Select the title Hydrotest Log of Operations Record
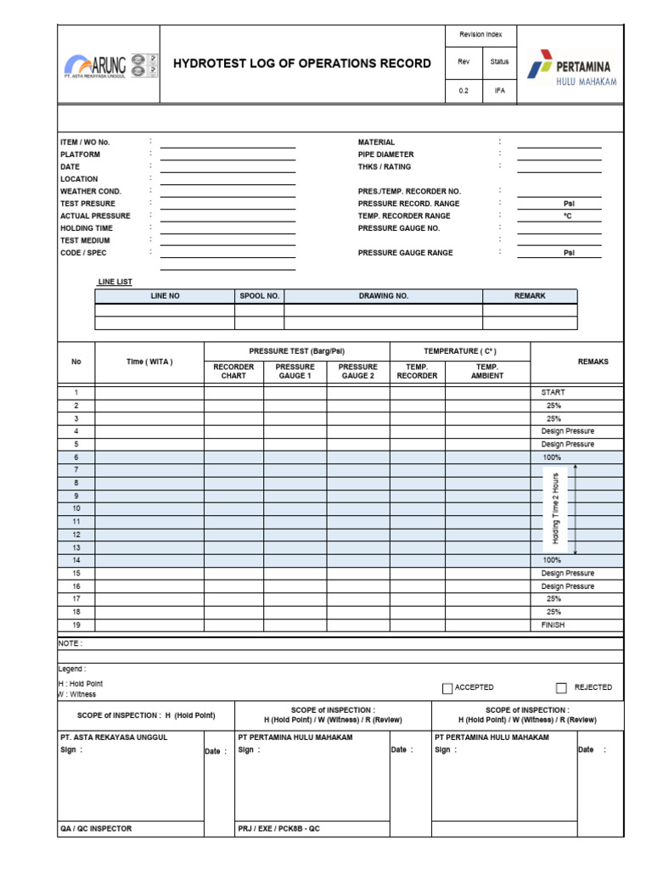click(302, 64)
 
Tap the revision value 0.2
click(464, 91)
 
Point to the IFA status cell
click(499, 91)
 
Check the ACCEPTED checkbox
click(447, 688)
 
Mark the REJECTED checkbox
click(561, 688)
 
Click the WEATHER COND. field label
click(90, 192)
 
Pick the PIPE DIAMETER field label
click(386, 154)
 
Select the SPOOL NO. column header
click(259, 296)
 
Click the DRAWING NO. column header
click(383, 296)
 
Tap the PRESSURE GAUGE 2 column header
click(357, 371)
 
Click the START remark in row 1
click(553, 393)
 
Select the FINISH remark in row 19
click(553, 625)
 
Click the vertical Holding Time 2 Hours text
click(556, 508)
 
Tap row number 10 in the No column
click(76, 508)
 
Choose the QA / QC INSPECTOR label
click(96, 828)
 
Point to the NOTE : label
click(70, 643)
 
